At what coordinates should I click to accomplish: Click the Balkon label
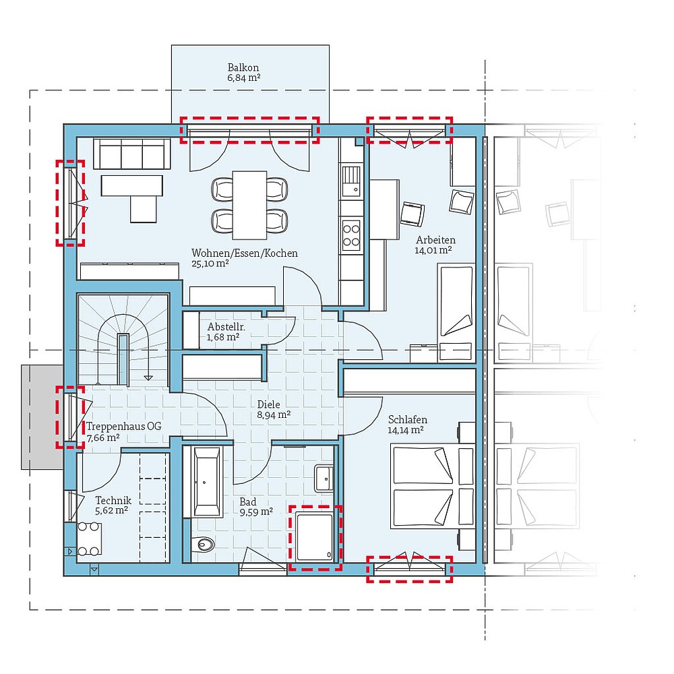click(x=243, y=67)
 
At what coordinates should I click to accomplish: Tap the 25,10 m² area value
click(x=210, y=264)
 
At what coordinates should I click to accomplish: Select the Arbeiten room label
click(x=435, y=239)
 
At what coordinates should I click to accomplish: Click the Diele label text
click(x=269, y=404)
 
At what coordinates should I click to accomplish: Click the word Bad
click(x=248, y=501)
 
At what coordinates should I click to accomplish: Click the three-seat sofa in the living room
click(x=131, y=154)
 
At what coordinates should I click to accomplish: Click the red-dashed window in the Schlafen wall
click(x=410, y=569)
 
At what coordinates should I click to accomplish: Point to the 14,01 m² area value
click(x=433, y=249)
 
